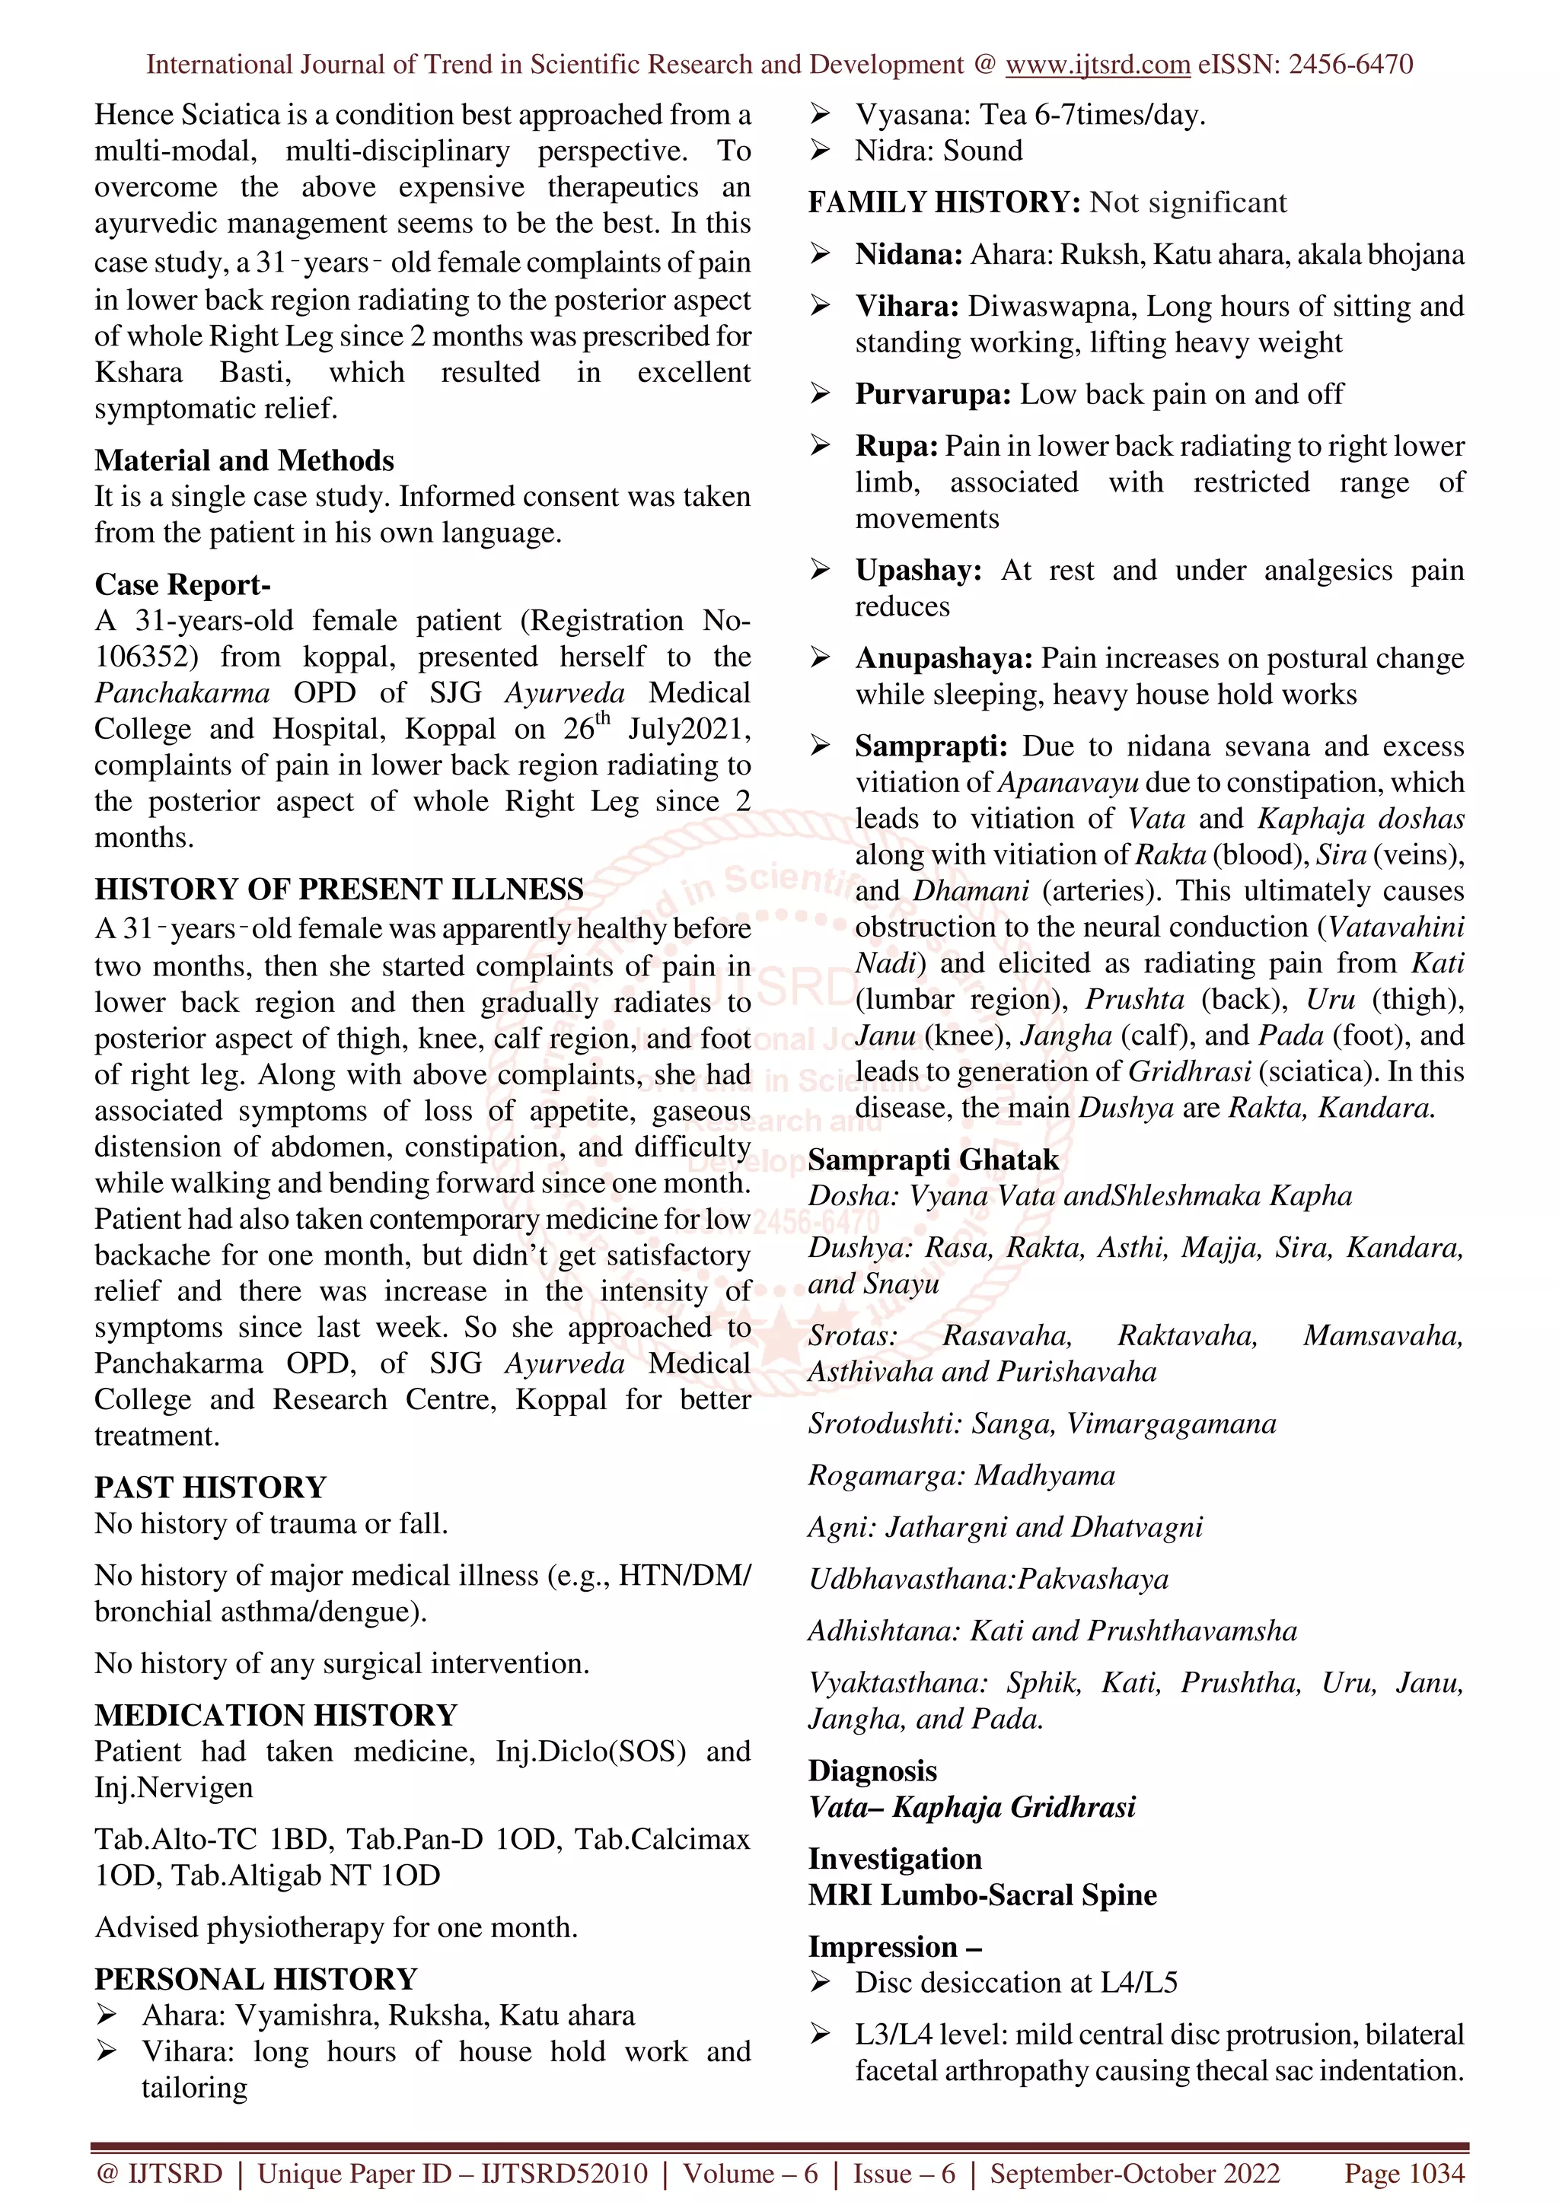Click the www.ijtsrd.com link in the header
pos(1097,65)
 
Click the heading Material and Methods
pos(244,460)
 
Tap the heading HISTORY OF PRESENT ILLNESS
pos(338,889)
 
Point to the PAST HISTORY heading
pos(209,1487)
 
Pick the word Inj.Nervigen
pos(173,1787)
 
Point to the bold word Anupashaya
pos(943,659)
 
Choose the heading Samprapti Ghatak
pos(933,1160)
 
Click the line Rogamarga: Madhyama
pos(961,1475)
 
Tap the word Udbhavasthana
pos(910,1579)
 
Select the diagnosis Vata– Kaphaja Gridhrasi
pos(971,1807)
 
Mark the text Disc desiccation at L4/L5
pos(1015,1982)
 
